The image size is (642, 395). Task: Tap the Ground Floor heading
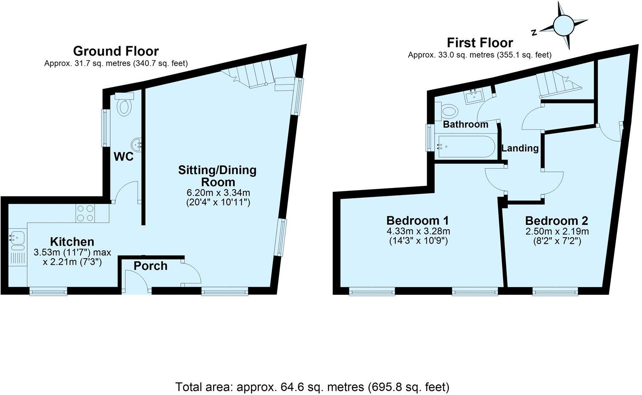click(x=115, y=51)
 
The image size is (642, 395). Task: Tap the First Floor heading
click(x=479, y=43)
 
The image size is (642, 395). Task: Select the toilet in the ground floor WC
click(x=124, y=106)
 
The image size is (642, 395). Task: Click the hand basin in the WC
click(x=137, y=144)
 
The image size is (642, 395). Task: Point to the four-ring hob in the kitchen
click(x=85, y=213)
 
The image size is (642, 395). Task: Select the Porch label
click(x=150, y=266)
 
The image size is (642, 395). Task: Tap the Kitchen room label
click(x=72, y=242)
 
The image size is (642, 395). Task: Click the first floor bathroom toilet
click(x=449, y=112)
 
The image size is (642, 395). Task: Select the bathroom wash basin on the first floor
click(x=473, y=98)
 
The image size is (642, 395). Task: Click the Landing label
click(x=520, y=148)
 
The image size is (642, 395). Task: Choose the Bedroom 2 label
click(x=556, y=221)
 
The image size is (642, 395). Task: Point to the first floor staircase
click(x=556, y=83)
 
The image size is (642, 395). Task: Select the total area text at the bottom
click(x=312, y=387)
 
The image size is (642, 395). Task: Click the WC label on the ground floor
click(x=124, y=157)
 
